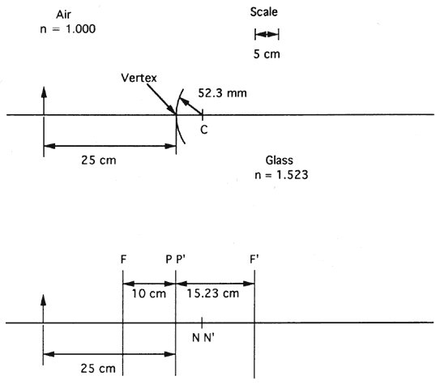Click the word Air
(63, 15)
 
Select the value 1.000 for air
(80, 29)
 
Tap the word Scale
(264, 12)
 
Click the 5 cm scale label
(267, 53)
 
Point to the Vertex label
(139, 78)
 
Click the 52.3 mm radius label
(222, 93)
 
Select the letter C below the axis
(204, 130)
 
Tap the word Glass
(280, 160)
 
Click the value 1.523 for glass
(292, 175)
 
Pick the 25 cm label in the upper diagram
(99, 160)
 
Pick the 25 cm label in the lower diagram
(98, 368)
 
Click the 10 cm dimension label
(149, 293)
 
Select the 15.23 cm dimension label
(212, 293)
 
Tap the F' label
(254, 259)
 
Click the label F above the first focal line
(123, 259)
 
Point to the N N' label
(203, 338)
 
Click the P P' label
(175, 259)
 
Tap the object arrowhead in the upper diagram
(44, 92)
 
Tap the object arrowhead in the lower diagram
(43, 300)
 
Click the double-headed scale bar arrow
(267, 34)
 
